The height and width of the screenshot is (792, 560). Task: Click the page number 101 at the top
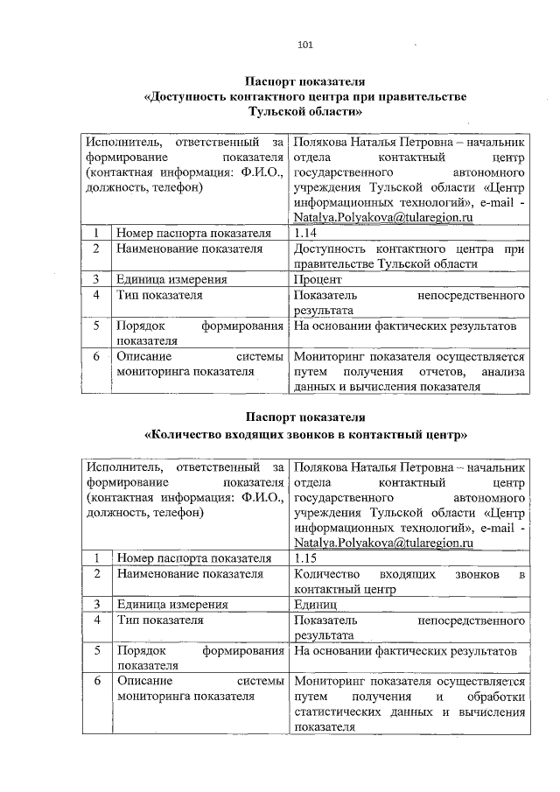[x=305, y=45]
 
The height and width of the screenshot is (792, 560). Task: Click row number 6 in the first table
[x=95, y=357]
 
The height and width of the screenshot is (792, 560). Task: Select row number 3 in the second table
[x=95, y=604]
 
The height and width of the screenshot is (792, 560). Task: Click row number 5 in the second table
[x=95, y=650]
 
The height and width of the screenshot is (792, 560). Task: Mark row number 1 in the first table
[x=95, y=234]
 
